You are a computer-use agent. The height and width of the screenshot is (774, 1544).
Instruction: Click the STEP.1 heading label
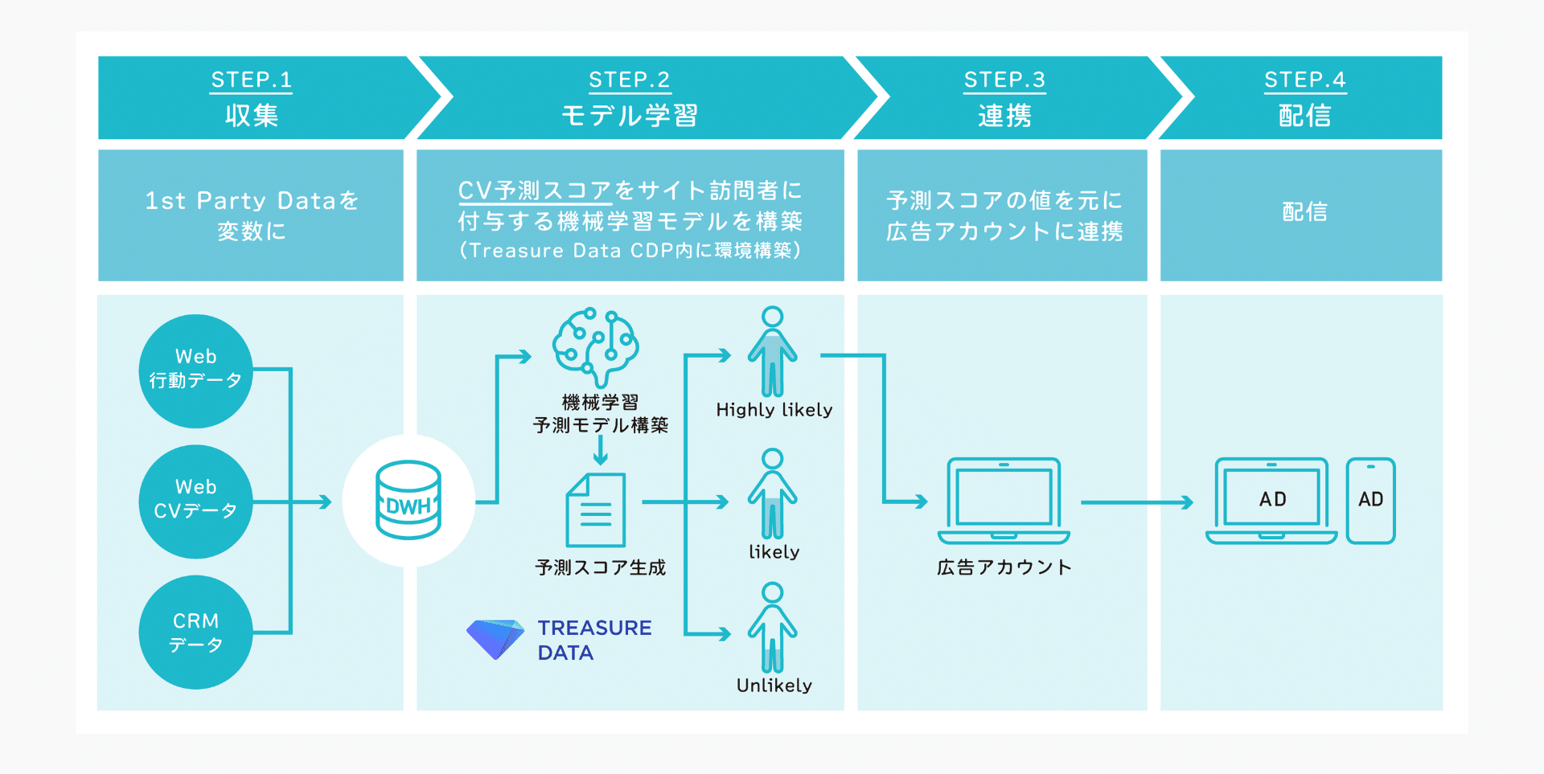click(251, 80)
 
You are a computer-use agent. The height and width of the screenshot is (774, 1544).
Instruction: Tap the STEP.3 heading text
click(1004, 80)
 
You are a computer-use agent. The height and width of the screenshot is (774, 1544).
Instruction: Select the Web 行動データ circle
click(196, 371)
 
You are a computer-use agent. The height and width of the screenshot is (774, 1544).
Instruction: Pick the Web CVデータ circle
click(196, 502)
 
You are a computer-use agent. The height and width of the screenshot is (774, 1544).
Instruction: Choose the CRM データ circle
click(196, 632)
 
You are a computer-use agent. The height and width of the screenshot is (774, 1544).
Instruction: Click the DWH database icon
click(409, 500)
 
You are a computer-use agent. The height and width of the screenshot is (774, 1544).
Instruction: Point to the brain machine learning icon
click(596, 346)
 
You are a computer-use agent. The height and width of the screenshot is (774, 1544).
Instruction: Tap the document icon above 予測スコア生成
click(596, 510)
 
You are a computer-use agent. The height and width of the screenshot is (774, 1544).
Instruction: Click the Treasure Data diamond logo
click(495, 639)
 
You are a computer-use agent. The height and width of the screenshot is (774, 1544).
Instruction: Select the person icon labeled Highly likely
click(773, 351)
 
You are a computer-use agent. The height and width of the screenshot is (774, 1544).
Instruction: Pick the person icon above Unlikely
click(773, 628)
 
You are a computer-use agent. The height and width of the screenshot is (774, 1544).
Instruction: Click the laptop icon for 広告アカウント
click(1004, 501)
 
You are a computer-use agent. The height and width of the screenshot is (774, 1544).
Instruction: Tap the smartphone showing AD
click(1371, 501)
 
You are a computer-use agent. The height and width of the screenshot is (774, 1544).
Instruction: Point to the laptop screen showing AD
click(1271, 499)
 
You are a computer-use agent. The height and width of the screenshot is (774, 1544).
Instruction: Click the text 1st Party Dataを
click(251, 200)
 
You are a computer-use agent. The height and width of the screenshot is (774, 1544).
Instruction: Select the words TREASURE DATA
click(594, 640)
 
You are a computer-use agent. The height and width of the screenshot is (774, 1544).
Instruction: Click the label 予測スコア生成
click(601, 567)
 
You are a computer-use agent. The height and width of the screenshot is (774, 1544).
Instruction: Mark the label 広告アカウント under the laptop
click(1004, 567)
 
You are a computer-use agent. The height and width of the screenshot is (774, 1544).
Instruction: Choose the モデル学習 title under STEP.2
click(630, 116)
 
